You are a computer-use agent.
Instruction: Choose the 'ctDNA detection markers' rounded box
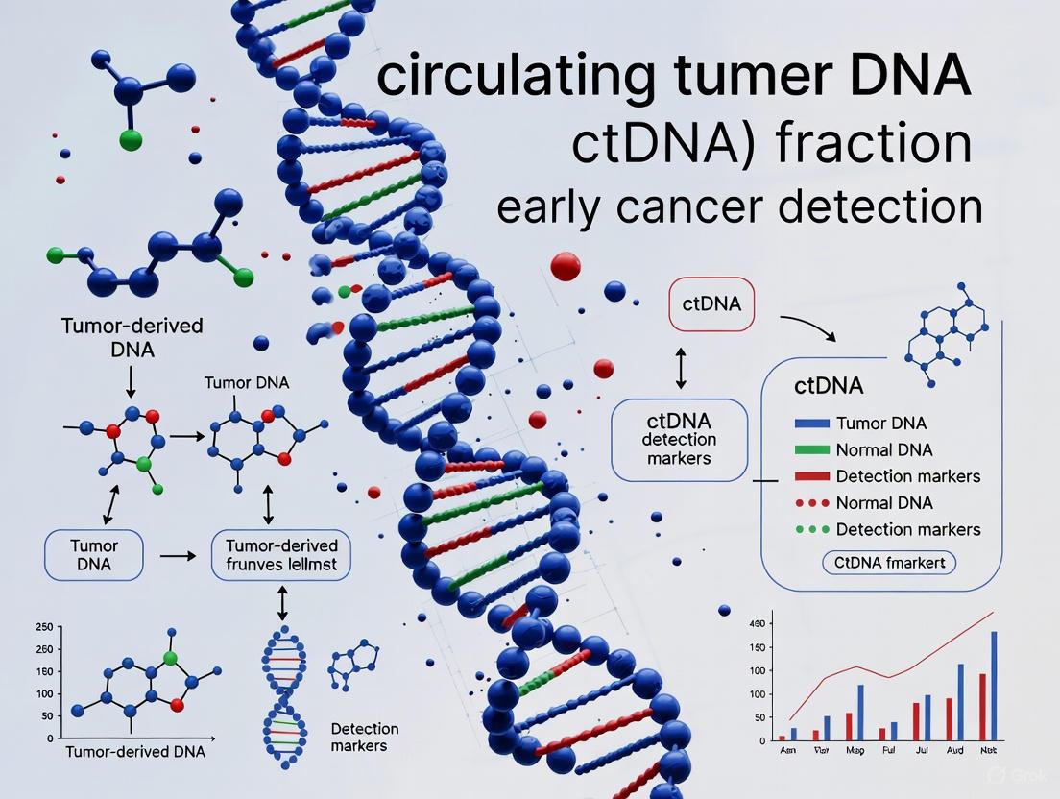point(680,440)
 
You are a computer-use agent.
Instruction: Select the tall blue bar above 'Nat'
point(994,686)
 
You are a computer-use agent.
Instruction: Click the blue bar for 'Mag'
point(860,712)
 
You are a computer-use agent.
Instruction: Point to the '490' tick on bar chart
point(759,624)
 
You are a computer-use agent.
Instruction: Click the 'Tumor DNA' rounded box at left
point(94,554)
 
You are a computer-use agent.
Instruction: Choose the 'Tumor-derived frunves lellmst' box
point(280,554)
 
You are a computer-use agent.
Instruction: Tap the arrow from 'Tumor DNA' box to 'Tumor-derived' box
point(177,555)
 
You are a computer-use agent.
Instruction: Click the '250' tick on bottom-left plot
point(42,627)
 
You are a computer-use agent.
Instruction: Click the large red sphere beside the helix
point(566,266)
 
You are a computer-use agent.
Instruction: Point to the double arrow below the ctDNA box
point(681,369)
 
